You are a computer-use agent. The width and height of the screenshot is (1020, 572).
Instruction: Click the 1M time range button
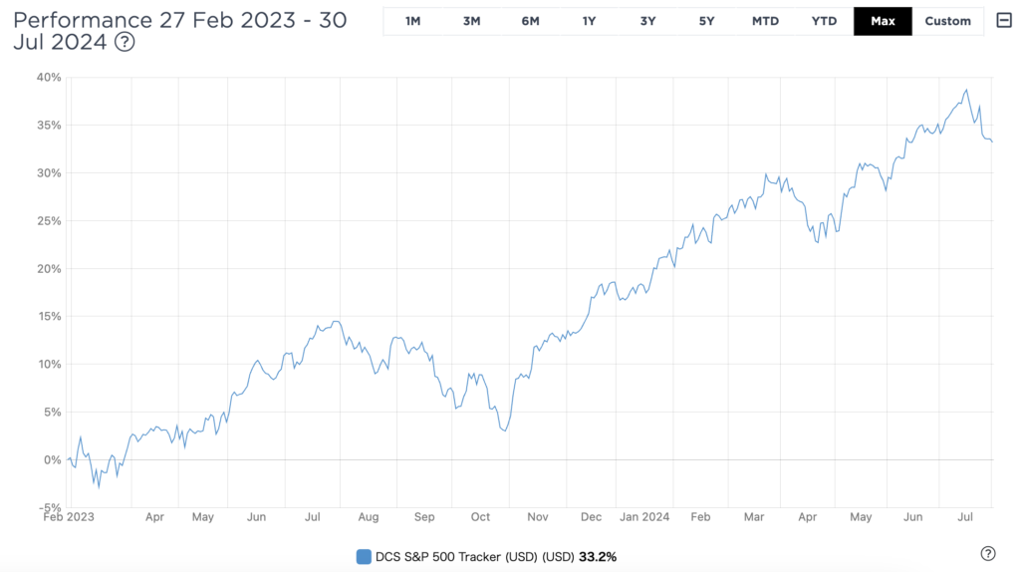[412, 21]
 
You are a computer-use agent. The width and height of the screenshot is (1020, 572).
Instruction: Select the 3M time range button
[471, 21]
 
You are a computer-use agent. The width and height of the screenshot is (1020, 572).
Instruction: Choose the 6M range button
[530, 21]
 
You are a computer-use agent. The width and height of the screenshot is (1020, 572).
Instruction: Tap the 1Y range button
[589, 21]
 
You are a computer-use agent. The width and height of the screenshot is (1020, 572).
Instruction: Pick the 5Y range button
[706, 21]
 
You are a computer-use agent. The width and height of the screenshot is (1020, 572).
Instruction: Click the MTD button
[765, 21]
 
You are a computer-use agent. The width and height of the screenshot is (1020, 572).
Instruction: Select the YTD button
[824, 21]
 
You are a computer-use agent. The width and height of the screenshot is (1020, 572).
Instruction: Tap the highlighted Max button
[883, 21]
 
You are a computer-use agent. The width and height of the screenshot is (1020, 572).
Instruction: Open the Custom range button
[947, 21]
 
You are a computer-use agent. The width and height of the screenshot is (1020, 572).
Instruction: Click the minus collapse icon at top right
[1003, 21]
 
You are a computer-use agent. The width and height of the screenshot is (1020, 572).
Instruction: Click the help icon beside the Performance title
[125, 42]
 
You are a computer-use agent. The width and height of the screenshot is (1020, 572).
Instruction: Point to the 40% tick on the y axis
[49, 77]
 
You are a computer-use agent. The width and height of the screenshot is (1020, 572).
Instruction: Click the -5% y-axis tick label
[49, 507]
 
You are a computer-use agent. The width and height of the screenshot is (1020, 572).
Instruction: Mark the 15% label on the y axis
[49, 316]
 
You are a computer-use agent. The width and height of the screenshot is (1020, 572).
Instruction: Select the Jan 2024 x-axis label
[642, 517]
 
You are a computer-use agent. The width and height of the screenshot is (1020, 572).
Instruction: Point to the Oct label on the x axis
[481, 517]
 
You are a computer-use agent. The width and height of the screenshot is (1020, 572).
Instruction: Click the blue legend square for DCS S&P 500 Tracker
[364, 556]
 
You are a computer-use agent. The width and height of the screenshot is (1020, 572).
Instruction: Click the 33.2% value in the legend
[599, 556]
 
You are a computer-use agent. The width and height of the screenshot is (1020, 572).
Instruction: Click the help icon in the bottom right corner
[988, 554]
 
